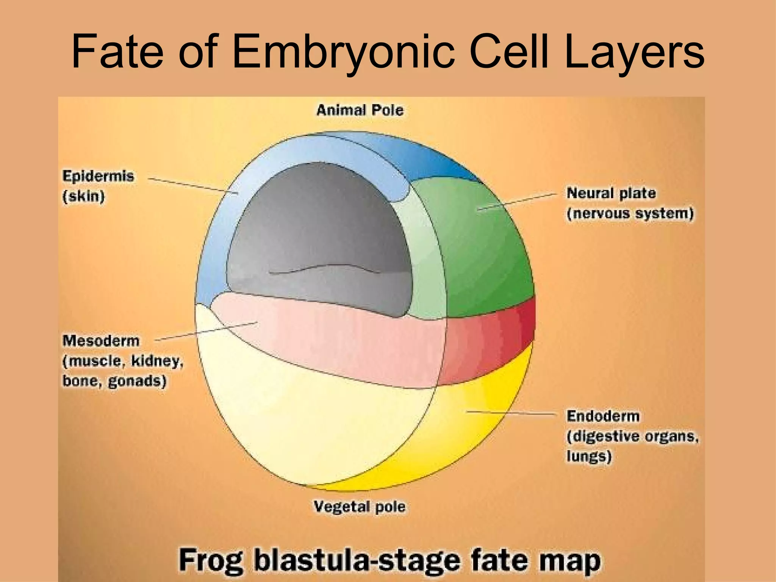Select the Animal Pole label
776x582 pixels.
pyautogui.click(x=360, y=110)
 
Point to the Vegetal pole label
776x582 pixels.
pyautogui.click(x=360, y=506)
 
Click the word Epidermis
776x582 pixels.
pyautogui.click(x=98, y=176)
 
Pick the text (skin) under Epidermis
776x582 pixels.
pyautogui.click(x=83, y=196)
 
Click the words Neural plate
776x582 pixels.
pyautogui.click(x=611, y=193)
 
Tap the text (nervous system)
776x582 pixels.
pyautogui.click(x=630, y=213)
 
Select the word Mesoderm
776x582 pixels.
pyautogui.click(x=101, y=341)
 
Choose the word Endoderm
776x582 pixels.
pyautogui.click(x=603, y=416)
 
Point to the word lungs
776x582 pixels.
pyautogui.click(x=589, y=456)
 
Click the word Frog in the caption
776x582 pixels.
pyautogui.click(x=210, y=560)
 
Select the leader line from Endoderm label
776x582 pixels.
pyautogui.click(x=512, y=413)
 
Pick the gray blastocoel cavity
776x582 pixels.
pyautogui.click(x=318, y=227)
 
